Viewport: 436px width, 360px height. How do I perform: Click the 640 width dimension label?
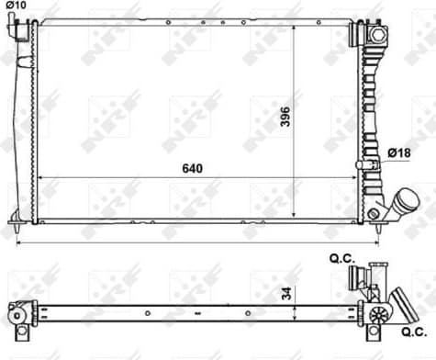191,169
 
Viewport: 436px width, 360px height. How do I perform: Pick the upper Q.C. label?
341,260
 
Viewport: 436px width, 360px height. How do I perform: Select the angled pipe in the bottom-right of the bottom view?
401,301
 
